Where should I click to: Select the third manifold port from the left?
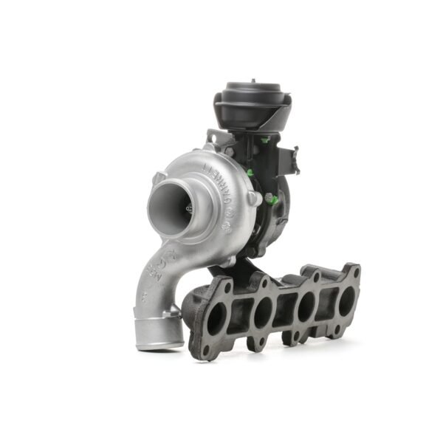[x=306, y=306]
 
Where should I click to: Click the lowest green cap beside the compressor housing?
[x=269, y=198]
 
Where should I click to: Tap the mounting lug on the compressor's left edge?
[x=159, y=177]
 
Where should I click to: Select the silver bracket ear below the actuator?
[x=212, y=137]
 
